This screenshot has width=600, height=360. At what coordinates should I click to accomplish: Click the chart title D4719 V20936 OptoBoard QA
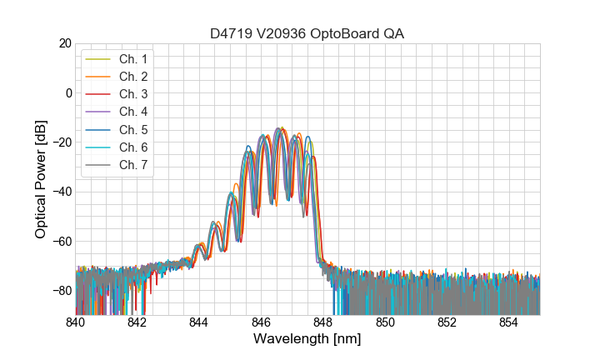coord(307,33)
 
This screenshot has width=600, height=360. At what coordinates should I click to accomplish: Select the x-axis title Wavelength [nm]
coord(307,339)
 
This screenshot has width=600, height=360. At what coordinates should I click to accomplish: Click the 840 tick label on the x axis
coord(75,322)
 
